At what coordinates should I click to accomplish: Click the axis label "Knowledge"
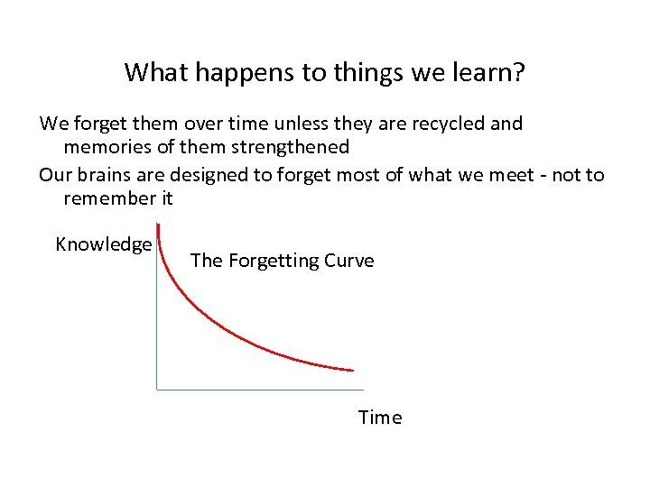coord(103,244)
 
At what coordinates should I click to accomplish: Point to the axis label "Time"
coord(380,418)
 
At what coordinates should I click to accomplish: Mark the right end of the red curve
coord(352,370)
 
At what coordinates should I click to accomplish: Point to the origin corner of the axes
coord(157,389)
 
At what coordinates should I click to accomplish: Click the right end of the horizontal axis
coord(362,389)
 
